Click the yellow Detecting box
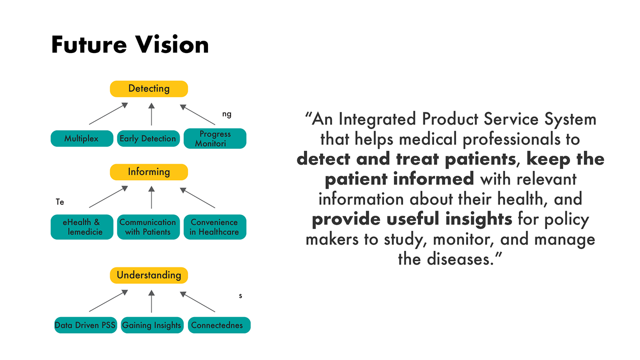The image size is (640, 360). [x=149, y=89]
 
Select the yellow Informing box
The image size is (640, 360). [x=149, y=172]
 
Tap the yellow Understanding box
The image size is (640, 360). [x=149, y=275]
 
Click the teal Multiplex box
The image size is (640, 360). [x=82, y=138]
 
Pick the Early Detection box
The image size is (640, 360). [x=148, y=138]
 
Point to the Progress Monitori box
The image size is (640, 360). [x=215, y=138]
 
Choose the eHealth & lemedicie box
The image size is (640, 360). [x=82, y=227]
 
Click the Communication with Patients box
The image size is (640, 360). [x=148, y=227]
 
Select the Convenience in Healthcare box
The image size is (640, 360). [x=215, y=227]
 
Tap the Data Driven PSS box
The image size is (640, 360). [x=85, y=325]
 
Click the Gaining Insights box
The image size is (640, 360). [x=152, y=325]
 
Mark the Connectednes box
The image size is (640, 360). [x=219, y=325]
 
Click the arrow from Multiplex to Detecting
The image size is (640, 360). [x=108, y=114]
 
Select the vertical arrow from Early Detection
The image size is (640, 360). [x=151, y=114]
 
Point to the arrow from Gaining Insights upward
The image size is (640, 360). [x=151, y=301]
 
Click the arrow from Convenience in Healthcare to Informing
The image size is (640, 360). [x=197, y=198]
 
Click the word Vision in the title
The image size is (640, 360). [x=172, y=45]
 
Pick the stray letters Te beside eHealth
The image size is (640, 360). [x=60, y=201]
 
